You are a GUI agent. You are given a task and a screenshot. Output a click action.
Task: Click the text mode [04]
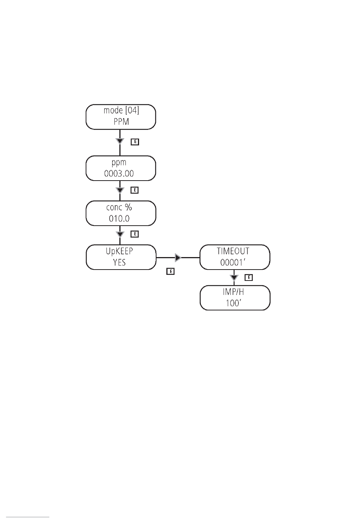point(121,110)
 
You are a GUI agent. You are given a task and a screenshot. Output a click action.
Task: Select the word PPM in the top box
point(121,122)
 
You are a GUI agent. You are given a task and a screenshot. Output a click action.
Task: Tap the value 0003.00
point(119,174)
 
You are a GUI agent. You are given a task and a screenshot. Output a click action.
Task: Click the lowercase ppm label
point(119,163)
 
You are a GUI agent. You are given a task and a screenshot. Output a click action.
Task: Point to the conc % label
point(119,207)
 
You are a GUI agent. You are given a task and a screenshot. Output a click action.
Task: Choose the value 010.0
point(119,218)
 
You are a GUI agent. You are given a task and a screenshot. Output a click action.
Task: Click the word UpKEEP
point(119,251)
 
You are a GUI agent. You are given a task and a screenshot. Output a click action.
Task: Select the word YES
point(119,262)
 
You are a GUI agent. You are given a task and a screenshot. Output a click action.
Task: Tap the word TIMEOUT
point(233,251)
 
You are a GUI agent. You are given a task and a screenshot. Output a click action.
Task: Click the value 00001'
point(233,262)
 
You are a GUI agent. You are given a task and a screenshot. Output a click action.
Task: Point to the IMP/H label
point(233,292)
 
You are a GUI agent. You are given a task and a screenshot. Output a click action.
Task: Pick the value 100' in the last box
point(233,303)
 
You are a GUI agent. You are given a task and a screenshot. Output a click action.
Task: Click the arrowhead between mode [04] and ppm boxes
point(120,141)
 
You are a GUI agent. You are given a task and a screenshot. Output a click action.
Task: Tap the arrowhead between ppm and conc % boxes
point(120,190)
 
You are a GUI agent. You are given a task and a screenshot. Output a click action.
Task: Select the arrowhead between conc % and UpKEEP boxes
point(120,234)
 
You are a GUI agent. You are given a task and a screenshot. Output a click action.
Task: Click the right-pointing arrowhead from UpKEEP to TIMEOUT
point(178,257)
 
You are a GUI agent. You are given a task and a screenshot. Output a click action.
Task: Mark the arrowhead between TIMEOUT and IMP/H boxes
point(234,278)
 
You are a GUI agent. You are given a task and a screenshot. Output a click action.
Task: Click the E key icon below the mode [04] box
point(135,142)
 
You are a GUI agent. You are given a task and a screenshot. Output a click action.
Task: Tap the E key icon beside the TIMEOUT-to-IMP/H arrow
point(249,278)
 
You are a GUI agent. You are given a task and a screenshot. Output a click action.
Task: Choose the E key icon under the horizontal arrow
point(171,271)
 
